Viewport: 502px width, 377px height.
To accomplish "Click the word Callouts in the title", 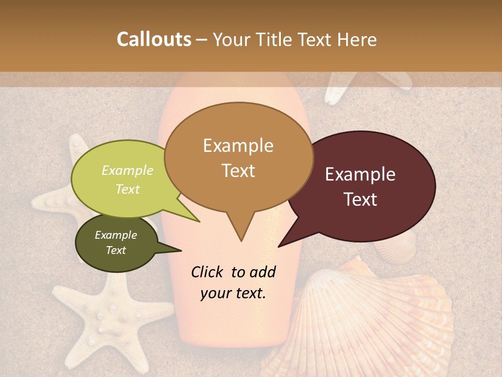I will pos(154,39).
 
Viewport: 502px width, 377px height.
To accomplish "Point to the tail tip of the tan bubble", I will pos(241,240).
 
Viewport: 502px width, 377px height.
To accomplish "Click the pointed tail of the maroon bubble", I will pos(280,246).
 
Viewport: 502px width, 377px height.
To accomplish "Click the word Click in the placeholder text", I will pos(209,272).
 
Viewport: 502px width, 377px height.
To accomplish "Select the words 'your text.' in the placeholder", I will pos(233,294).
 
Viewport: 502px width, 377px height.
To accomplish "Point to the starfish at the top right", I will pos(361,84).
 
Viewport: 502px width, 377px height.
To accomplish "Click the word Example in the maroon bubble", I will pos(360,174).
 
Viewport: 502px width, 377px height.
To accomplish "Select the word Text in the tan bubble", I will pos(238,171).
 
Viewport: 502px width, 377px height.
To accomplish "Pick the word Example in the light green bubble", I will pos(128,170).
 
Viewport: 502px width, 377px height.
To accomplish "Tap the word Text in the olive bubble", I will pos(116,250).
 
